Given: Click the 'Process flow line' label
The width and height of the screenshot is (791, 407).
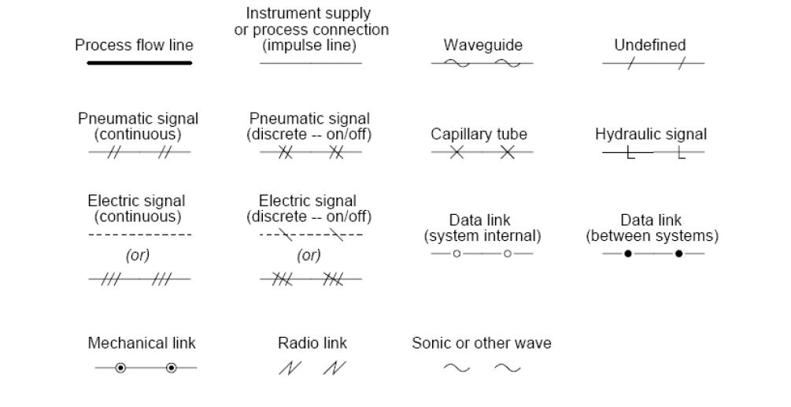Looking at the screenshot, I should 134,45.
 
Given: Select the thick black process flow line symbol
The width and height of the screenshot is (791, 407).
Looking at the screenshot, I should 139,63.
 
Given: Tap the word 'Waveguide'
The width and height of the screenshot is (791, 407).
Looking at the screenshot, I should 482,45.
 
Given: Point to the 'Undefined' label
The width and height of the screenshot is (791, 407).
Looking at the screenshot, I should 649,45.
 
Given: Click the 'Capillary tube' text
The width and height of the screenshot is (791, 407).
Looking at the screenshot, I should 479,134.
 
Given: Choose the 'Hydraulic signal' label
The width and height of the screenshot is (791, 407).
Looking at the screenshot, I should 651,134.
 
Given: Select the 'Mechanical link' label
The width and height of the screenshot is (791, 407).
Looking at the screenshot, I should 142,343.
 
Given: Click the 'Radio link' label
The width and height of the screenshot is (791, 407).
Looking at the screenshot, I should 312,343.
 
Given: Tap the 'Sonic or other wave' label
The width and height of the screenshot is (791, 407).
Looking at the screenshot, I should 481,343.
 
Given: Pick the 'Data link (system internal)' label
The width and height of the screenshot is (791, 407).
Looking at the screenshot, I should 482,228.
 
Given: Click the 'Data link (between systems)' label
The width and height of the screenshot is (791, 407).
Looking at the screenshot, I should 652,228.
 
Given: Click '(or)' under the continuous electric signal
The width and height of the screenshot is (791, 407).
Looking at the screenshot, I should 138,255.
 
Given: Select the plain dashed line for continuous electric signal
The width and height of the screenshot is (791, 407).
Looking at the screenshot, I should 139,235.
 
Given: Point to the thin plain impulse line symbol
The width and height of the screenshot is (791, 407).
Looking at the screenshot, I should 311,63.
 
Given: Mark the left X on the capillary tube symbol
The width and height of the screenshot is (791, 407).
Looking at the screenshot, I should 456,152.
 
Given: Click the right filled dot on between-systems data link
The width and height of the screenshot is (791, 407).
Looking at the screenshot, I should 678,253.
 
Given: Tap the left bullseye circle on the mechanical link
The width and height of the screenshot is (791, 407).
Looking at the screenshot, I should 120,368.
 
